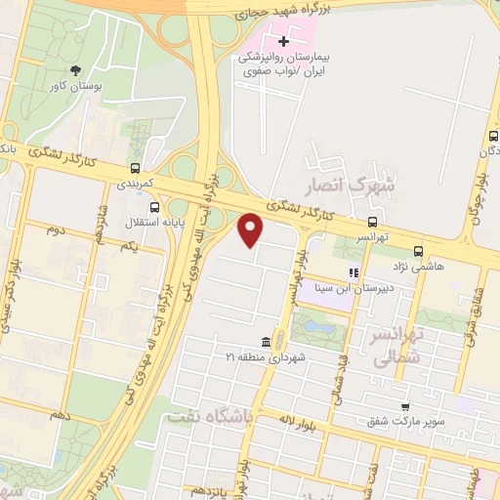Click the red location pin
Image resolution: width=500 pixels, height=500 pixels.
coord(251,230)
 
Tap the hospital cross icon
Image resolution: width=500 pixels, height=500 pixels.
coord(284,42)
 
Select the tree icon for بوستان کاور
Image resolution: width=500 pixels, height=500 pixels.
coord(75,69)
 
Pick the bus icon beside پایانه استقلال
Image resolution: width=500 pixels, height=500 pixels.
coord(154,207)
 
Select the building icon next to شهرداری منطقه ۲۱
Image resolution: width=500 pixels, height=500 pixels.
coord(267,342)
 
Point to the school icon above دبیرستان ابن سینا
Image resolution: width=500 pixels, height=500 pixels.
coord(354,273)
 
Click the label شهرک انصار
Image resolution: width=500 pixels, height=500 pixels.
coord(360,183)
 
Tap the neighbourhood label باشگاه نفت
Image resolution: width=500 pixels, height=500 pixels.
coord(210,414)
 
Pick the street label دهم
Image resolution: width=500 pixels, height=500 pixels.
coord(62,415)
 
